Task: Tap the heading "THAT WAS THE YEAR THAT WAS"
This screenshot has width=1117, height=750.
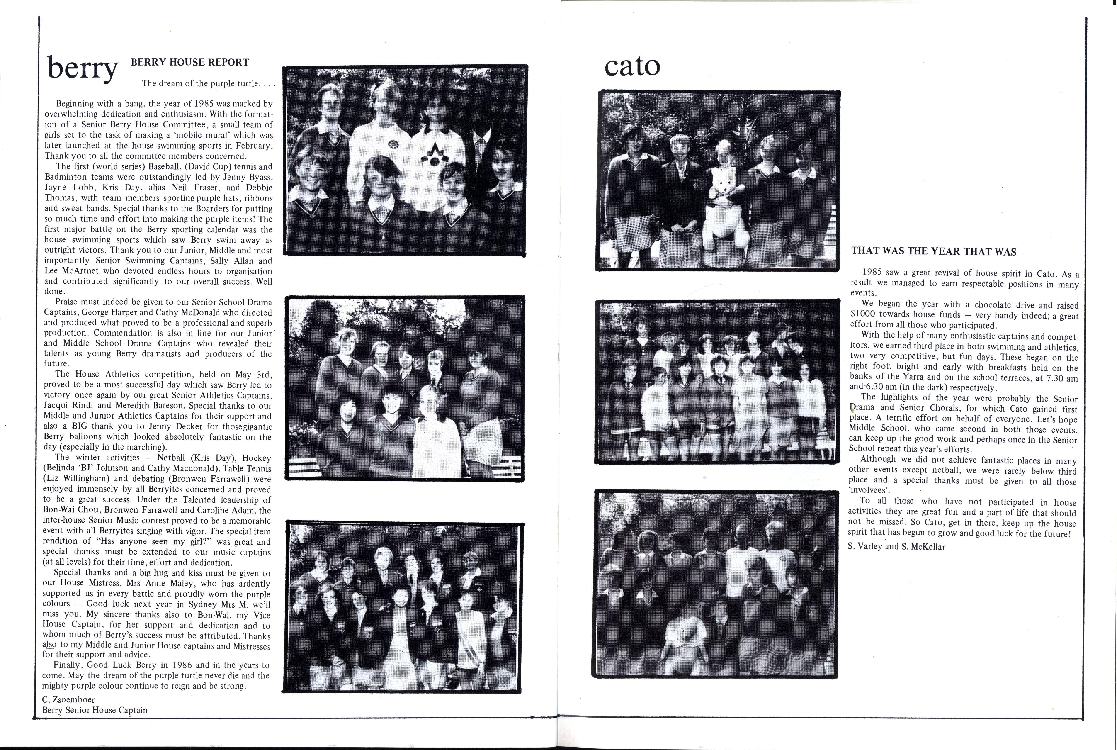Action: click(933, 252)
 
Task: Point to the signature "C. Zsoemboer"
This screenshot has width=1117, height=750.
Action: click(68, 699)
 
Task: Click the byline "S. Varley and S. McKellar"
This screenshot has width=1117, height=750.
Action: click(896, 547)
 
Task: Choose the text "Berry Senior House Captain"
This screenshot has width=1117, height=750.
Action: click(95, 710)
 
